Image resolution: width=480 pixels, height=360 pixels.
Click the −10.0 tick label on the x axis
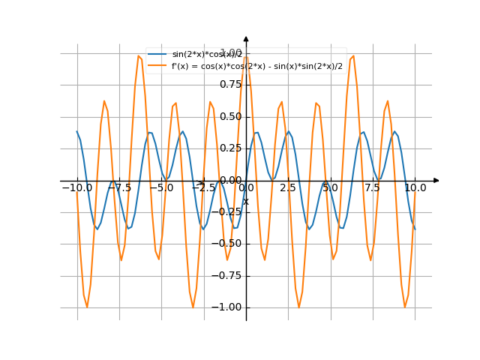[x=76, y=188]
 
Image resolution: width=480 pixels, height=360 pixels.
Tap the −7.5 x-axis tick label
[x=119, y=188]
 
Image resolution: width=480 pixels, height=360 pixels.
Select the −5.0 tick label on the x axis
[x=161, y=188]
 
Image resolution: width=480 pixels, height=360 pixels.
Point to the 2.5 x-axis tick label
[x=288, y=188]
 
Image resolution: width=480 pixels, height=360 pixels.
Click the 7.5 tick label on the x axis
[x=373, y=188]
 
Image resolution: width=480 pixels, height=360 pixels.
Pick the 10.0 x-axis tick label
[x=415, y=188]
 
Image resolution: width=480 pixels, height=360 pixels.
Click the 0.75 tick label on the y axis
[x=230, y=85]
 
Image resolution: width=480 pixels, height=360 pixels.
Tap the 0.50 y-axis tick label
[x=230, y=117]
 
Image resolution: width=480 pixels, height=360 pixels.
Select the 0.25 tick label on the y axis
[x=230, y=148]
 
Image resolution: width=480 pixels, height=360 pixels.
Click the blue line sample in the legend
[x=157, y=55]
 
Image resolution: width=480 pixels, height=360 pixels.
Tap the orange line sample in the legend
[x=157, y=66]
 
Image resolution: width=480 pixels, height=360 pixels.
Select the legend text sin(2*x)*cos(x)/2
[x=207, y=55]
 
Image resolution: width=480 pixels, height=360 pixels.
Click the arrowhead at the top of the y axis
[x=246, y=37]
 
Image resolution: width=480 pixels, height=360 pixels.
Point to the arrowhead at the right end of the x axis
[x=436, y=181]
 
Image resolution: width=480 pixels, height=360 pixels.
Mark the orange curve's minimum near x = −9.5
[x=87, y=306]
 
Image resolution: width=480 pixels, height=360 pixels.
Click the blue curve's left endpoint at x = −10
[x=77, y=132]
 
